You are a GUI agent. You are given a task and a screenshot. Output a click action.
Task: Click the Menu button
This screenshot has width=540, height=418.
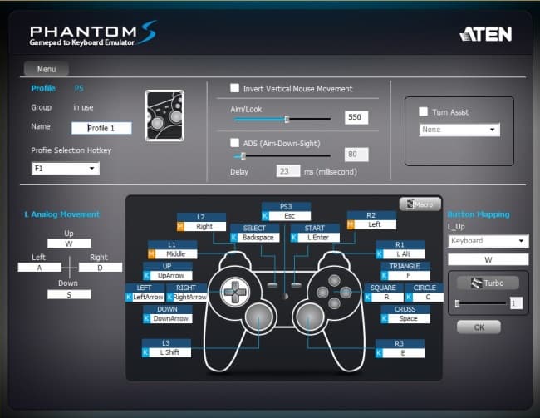pyautogui.click(x=47, y=69)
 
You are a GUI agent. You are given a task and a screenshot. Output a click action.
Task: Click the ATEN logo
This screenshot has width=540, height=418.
pyautogui.click(x=485, y=34)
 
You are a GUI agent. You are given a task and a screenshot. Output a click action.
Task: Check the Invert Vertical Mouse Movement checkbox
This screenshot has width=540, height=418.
pyautogui.click(x=235, y=89)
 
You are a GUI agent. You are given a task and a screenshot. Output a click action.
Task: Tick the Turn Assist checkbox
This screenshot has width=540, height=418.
pyautogui.click(x=424, y=112)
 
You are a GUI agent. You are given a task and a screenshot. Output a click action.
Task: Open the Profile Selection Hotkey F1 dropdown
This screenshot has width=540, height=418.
pyautogui.click(x=66, y=169)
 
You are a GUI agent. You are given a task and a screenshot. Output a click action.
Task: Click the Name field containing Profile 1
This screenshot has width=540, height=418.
pyautogui.click(x=101, y=128)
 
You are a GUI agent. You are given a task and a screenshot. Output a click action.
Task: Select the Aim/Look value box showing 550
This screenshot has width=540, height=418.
pyautogui.click(x=356, y=118)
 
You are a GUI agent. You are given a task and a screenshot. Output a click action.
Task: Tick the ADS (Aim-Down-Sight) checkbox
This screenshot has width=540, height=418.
pyautogui.click(x=235, y=143)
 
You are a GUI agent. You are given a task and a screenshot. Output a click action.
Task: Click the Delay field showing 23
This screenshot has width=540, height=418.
pyautogui.click(x=288, y=171)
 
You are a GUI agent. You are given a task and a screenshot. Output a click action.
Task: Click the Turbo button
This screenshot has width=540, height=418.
pyautogui.click(x=488, y=283)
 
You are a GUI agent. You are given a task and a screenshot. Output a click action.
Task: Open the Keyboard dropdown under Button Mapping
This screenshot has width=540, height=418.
pyautogui.click(x=487, y=241)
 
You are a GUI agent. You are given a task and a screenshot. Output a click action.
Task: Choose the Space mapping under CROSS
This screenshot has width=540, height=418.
pyautogui.click(x=406, y=318)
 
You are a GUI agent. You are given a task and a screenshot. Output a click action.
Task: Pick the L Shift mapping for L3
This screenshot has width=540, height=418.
pyautogui.click(x=170, y=352)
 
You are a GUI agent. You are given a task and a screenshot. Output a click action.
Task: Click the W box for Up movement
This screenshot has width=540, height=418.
pyautogui.click(x=69, y=243)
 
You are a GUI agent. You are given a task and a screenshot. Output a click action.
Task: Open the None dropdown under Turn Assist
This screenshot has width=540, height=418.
pyautogui.click(x=459, y=130)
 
